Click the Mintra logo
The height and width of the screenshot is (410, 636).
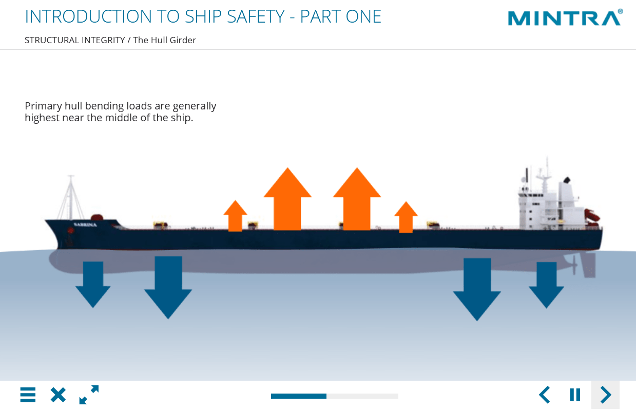coord(565,18)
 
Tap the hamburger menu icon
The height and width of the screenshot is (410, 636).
coord(28,395)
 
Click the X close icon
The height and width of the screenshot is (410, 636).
coord(58,395)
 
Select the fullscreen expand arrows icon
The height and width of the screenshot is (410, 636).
coord(89,395)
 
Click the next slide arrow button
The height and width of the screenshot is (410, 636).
coord(606,395)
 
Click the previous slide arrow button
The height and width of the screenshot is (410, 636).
coord(545,395)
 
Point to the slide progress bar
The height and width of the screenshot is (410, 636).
coord(334,396)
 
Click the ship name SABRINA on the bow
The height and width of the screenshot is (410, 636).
coord(85,225)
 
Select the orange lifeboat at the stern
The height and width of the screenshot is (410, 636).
coord(592,215)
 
